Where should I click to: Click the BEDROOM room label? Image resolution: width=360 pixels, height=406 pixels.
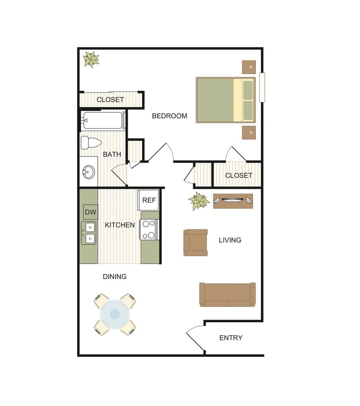[x=170, y=116]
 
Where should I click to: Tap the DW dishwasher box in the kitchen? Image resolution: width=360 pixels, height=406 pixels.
[x=90, y=212]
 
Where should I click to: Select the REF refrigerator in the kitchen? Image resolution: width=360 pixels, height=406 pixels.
[x=149, y=200]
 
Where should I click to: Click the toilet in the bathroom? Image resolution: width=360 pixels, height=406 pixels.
[x=91, y=143]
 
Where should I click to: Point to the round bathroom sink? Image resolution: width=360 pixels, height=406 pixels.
[x=89, y=172]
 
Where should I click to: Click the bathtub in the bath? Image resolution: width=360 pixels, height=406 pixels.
[x=103, y=120]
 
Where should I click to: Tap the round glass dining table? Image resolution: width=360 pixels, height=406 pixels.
[x=115, y=314]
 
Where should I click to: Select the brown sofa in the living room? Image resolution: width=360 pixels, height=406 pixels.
[x=227, y=294]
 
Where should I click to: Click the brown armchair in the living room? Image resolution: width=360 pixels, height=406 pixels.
[x=195, y=242]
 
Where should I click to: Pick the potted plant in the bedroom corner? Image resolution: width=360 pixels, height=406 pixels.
[x=91, y=59]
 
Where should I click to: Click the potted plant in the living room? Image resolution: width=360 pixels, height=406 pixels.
[x=199, y=201]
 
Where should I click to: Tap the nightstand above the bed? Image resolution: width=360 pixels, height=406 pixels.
[x=249, y=67]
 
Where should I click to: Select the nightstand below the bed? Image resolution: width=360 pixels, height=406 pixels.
[x=249, y=132]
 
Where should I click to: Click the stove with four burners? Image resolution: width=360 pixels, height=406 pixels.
[x=149, y=229]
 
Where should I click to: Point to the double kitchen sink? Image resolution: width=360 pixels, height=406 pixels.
[x=89, y=233]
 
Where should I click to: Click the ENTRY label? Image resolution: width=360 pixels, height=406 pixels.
[x=231, y=338]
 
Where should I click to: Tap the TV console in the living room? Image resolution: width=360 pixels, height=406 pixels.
[x=233, y=200]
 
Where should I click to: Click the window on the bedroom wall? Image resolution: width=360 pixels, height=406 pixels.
[x=262, y=87]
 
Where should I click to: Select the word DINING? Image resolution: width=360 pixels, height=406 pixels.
[x=115, y=276]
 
